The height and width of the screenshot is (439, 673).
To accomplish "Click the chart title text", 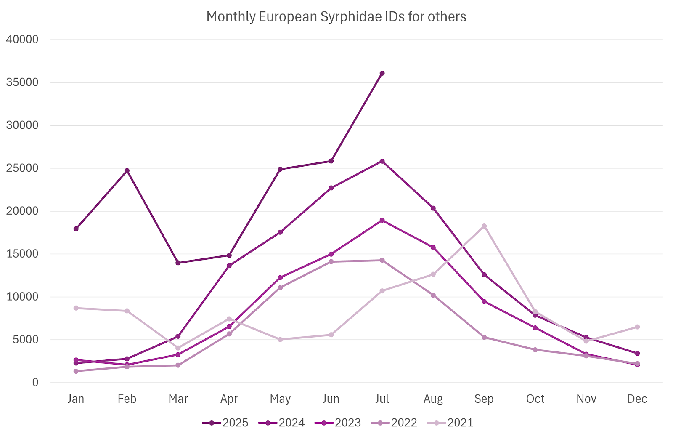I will [x=336, y=17].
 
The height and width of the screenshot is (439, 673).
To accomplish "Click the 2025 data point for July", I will [x=382, y=73].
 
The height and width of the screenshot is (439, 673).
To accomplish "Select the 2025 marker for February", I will [x=127, y=170].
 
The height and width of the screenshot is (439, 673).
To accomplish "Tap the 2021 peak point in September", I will [x=484, y=226].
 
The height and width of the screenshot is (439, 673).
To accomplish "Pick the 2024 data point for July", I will [x=382, y=161].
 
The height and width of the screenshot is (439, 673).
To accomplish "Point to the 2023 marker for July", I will [x=382, y=220].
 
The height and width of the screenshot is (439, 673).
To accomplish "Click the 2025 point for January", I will [x=76, y=229].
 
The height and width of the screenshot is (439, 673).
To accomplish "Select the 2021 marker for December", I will [x=637, y=327].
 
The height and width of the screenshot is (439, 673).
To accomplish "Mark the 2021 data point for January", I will [x=76, y=308].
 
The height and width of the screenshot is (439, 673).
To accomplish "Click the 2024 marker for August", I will [x=433, y=208].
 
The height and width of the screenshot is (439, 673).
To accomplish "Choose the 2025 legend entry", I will [x=225, y=423].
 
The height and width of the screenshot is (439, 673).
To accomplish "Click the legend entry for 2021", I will [x=450, y=423].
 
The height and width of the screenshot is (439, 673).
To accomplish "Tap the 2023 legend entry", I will [x=338, y=423].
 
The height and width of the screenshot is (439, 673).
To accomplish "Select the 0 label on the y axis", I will [x=35, y=383].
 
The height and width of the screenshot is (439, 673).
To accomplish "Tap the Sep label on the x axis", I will [x=484, y=399].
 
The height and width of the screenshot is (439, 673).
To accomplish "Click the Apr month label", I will [x=229, y=399].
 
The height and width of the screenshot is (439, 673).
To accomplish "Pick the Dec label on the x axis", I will [x=637, y=399].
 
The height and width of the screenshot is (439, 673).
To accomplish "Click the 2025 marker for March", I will [x=178, y=263].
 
